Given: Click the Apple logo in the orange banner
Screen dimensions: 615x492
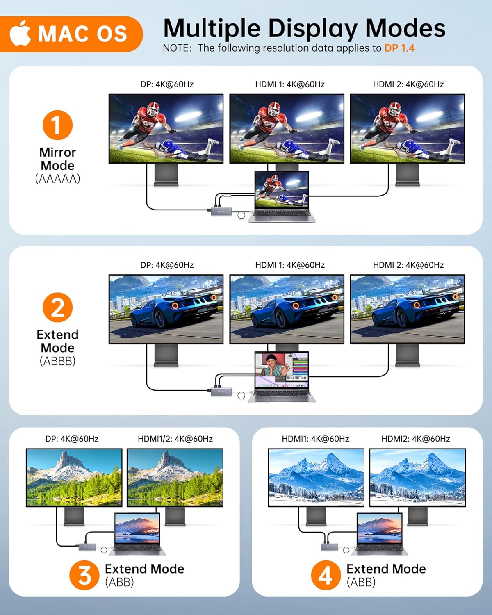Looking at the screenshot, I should pos(20,34).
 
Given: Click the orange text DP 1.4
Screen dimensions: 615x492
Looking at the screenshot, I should pos(399,48).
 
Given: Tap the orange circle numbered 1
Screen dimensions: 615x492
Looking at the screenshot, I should pos(57,125).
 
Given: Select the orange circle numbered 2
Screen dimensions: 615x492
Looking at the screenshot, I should pos(57,307).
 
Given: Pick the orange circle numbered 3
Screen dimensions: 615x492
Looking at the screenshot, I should pos(84,575).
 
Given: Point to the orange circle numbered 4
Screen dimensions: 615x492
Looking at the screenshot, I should pos(326,575).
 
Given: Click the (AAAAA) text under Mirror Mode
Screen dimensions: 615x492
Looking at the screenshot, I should pos(57,179).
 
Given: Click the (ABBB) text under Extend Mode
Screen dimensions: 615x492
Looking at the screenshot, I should pos(57,361).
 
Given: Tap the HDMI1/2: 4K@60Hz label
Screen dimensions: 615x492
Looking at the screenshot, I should pos(175,439).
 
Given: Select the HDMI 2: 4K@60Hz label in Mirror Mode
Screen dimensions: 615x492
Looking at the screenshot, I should pos(408,84).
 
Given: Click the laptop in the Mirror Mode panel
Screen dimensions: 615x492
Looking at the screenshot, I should pos(282,197).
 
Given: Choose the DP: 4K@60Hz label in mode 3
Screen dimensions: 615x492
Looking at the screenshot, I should pos(72,439).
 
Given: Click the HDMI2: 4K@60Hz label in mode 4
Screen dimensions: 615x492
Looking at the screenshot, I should pos(415,439).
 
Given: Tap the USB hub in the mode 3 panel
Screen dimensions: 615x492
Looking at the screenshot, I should pos(87,547).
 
